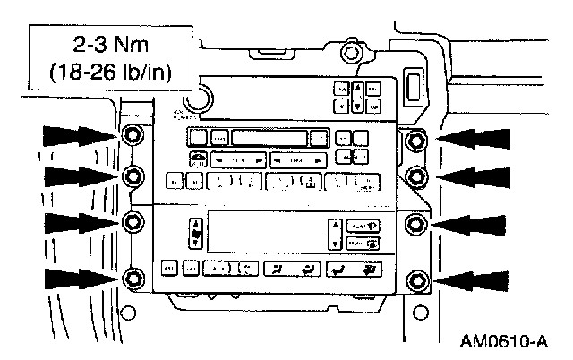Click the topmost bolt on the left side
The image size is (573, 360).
coord(132,137)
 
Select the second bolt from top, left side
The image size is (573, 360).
coord(132,174)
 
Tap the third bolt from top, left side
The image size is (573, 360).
coord(132,221)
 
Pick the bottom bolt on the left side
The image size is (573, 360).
coord(132,279)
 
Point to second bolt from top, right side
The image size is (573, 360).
coord(416,174)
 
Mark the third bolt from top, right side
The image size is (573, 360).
coord(416,222)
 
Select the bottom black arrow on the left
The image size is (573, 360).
coord(79,280)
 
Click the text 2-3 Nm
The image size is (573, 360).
coord(114,44)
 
